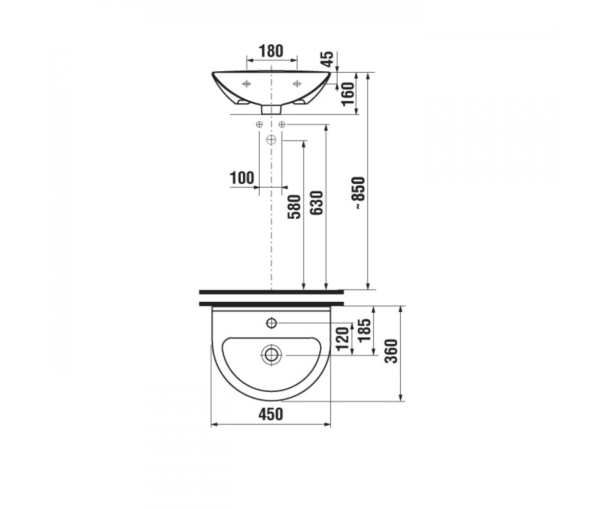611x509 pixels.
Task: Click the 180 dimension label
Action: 271,51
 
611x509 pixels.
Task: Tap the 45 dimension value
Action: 328,59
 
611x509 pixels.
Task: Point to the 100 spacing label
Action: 242,178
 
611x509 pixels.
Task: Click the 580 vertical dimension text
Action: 294,207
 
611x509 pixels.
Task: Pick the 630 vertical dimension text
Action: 317,203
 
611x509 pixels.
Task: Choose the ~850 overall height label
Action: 360,193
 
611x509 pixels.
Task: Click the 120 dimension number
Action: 343,339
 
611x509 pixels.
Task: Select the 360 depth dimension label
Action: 391,351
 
